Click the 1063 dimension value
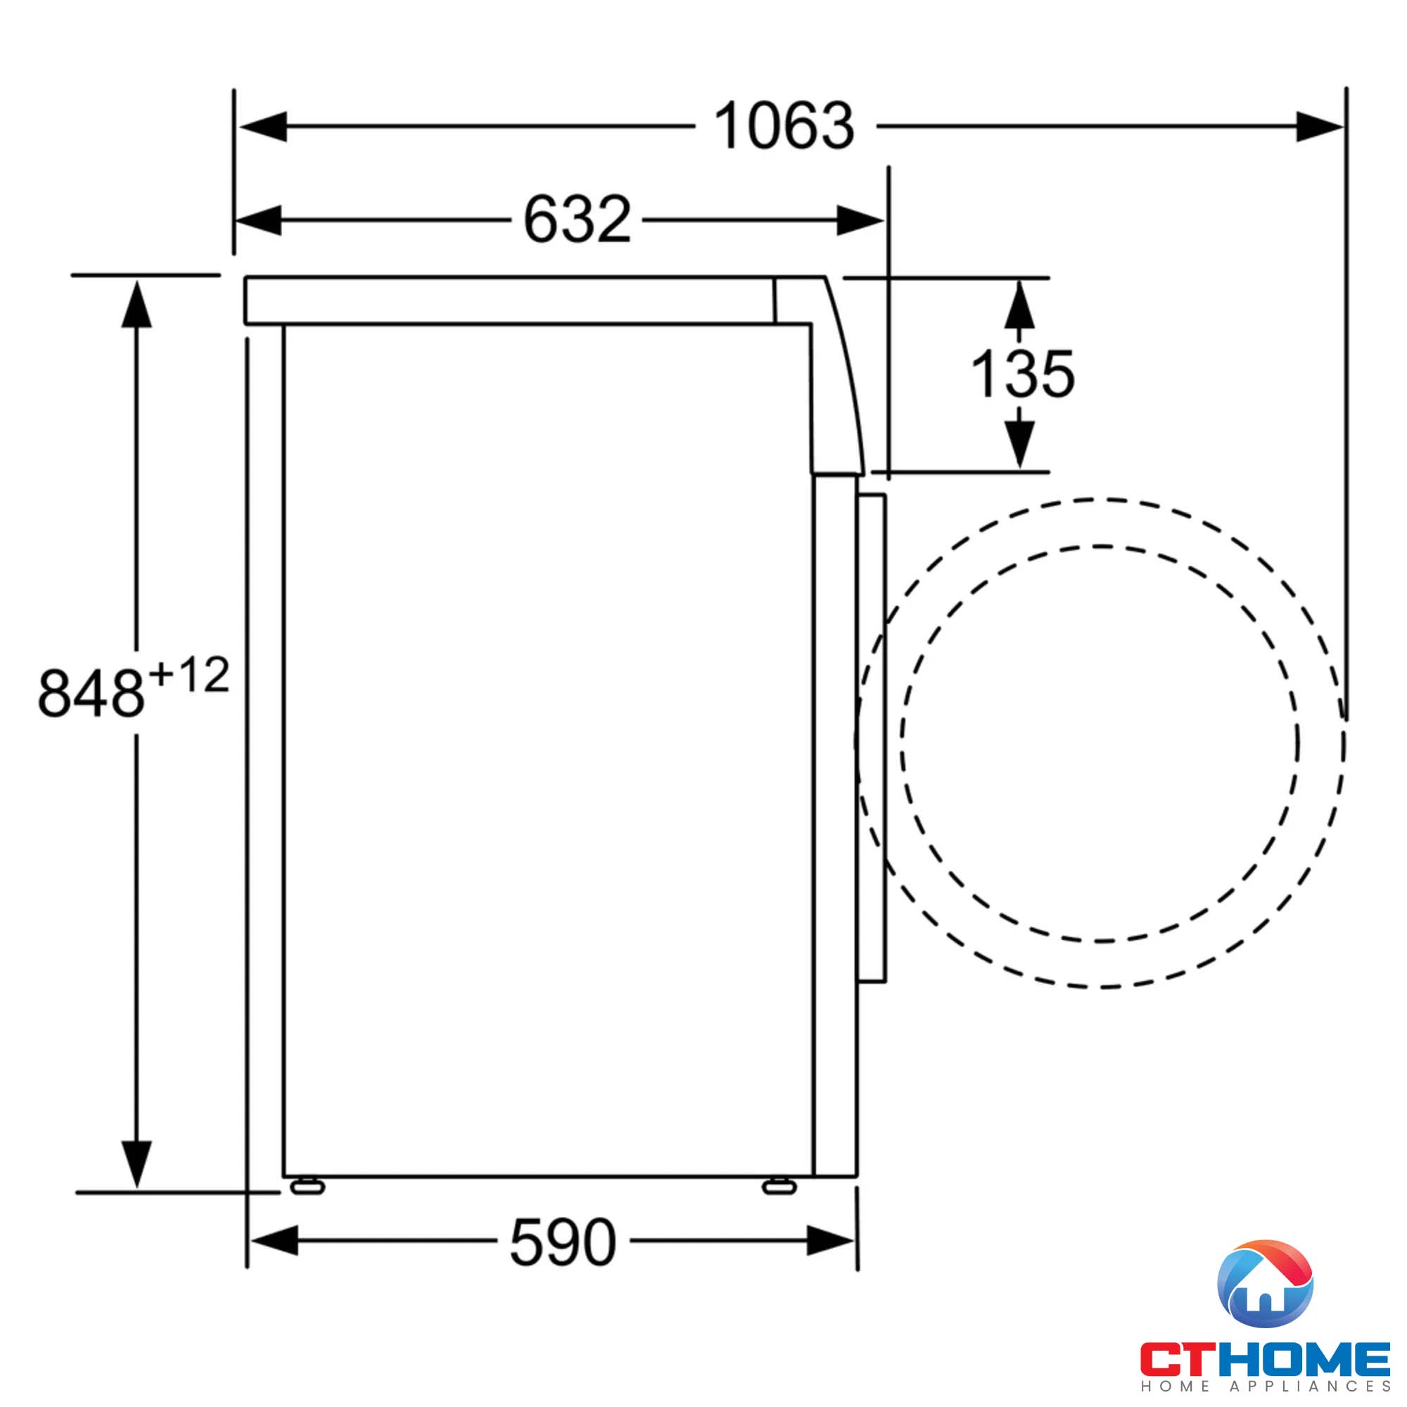point(784,126)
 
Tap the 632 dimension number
point(577,219)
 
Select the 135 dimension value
point(1022,374)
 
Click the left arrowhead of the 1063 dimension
point(263,127)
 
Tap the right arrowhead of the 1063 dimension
point(1320,127)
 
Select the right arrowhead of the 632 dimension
point(860,220)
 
